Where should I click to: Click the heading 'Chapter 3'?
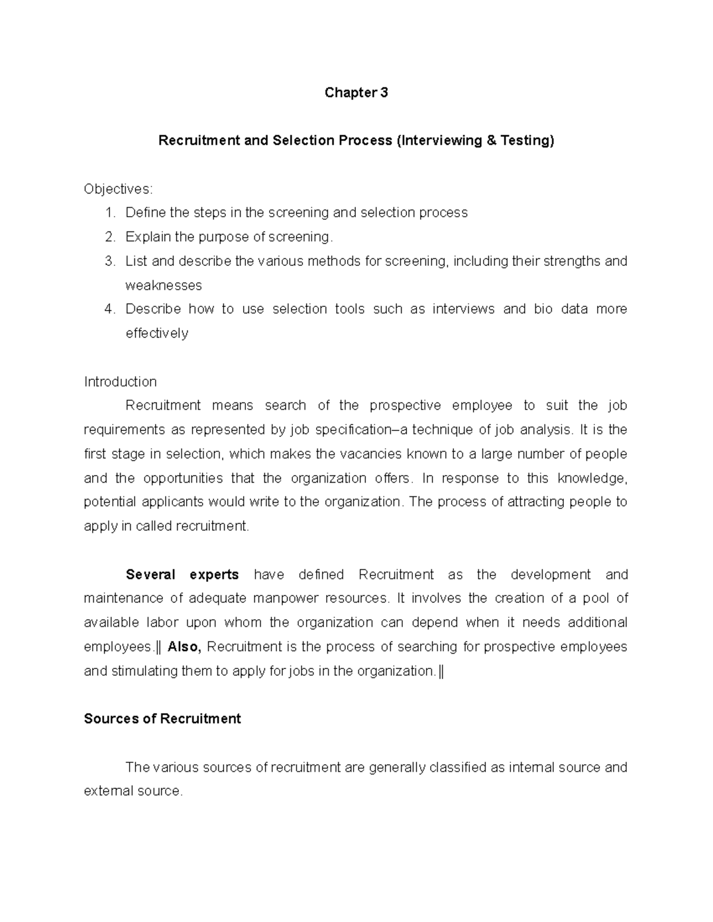coord(356,93)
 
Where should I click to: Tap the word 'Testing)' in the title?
coord(527,141)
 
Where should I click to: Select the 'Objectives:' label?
coord(118,189)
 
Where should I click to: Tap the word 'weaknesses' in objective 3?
coord(163,285)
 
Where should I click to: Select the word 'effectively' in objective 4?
coord(157,333)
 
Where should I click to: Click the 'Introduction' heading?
coord(120,381)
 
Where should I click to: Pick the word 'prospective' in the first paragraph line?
coord(405,405)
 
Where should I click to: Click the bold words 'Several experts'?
coord(182,575)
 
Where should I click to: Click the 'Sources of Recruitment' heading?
coord(162,719)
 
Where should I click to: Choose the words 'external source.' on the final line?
coord(134,791)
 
